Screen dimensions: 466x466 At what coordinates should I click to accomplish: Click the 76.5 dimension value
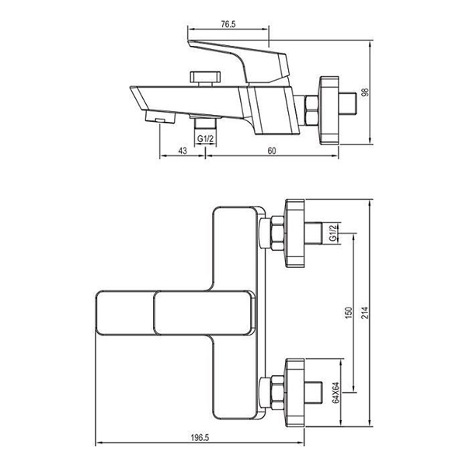228,24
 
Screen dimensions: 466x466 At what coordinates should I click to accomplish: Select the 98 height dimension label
365,92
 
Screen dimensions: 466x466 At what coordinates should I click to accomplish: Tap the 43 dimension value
183,151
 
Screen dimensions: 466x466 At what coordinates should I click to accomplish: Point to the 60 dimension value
272,151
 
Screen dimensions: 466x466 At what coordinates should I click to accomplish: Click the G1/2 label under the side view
205,138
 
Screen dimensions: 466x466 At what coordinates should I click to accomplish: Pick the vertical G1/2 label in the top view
333,233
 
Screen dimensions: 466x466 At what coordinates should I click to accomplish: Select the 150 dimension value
349,313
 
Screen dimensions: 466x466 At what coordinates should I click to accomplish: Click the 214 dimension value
365,313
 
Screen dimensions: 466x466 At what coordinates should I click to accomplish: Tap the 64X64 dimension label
336,392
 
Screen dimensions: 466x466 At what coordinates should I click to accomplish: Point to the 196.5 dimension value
200,437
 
